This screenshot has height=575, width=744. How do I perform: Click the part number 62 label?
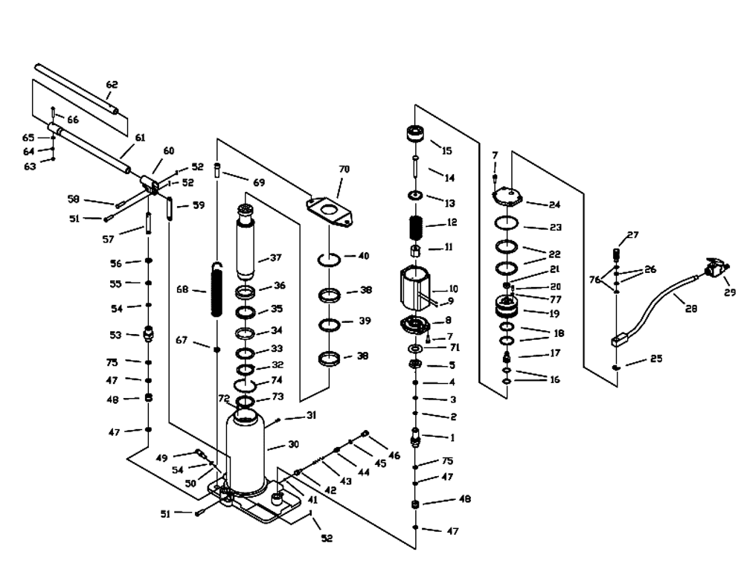pos(112,85)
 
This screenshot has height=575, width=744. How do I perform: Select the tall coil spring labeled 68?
pos(216,289)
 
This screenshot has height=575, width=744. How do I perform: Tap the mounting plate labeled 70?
pos(330,211)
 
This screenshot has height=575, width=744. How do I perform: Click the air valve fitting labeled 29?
pos(714,269)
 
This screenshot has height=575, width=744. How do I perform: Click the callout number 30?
pos(294,444)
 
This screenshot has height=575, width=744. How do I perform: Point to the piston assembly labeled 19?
pos(507,306)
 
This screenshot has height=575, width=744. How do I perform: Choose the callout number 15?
pos(447,151)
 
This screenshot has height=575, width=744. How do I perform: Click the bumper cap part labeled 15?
pos(415,133)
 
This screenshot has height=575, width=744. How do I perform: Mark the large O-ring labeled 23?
pos(507,222)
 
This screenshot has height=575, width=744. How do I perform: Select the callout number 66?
pos(73,120)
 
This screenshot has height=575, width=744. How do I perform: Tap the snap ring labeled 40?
pos(328,260)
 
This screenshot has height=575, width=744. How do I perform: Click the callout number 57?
pos(108,240)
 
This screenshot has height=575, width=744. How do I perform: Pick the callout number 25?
pos(655,359)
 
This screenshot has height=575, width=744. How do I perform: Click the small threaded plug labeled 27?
pos(617,254)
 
